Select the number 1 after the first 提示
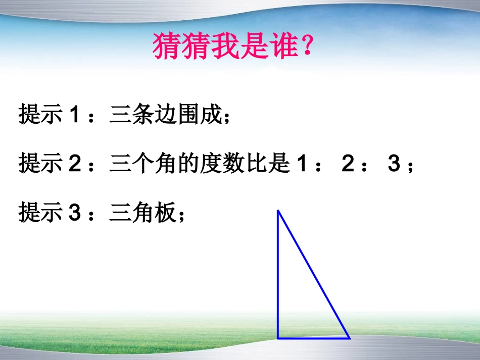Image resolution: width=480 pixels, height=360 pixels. (74, 115)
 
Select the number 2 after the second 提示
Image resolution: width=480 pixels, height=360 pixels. (74, 165)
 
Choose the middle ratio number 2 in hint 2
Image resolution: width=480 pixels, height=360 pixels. (348, 165)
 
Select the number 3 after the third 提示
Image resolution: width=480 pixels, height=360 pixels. (74, 213)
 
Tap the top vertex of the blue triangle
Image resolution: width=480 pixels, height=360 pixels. (278, 211)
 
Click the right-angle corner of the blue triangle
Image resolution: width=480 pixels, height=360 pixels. (278, 338)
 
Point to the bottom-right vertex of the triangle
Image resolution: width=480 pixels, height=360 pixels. (349, 337)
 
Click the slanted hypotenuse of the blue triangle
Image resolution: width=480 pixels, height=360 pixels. (313, 274)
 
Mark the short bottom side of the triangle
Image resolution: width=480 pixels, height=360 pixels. (313, 338)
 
